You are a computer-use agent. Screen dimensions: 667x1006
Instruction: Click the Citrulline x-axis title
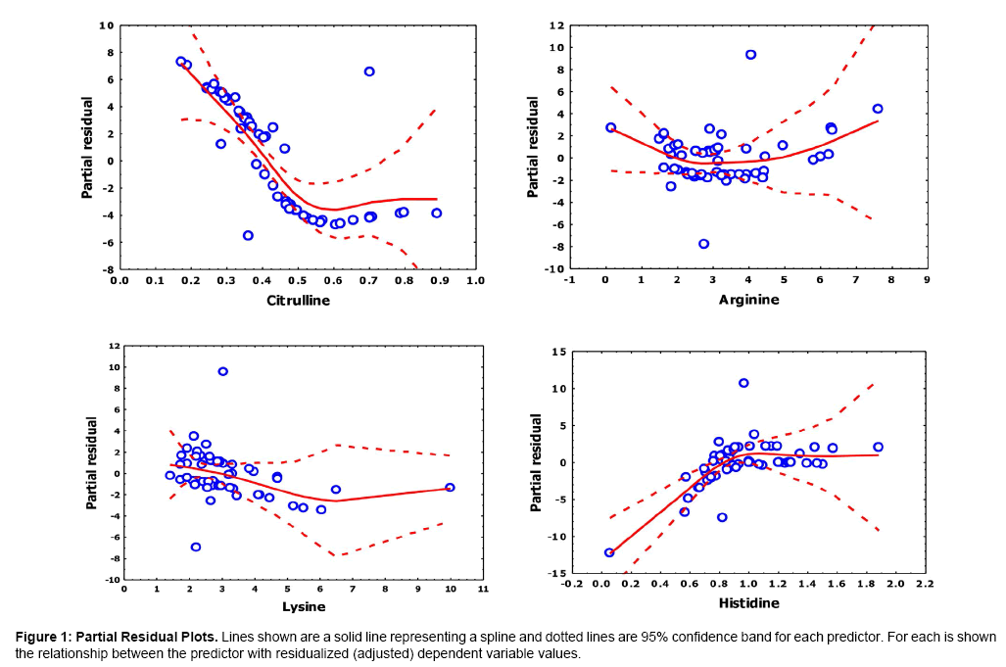tap(298, 300)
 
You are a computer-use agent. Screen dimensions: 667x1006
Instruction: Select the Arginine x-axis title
tap(748, 299)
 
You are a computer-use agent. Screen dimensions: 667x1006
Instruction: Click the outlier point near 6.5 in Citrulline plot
tap(369, 71)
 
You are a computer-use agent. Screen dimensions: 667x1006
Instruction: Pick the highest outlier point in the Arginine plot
tap(750, 55)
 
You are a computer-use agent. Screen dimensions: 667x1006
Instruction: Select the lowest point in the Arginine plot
tap(703, 244)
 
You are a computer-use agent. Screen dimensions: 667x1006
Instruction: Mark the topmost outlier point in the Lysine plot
tap(222, 371)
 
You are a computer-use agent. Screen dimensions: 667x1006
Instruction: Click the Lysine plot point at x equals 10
tap(450, 487)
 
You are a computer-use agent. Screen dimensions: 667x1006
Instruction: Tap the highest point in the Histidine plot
tap(743, 383)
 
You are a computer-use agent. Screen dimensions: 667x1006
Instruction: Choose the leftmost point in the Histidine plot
tap(609, 552)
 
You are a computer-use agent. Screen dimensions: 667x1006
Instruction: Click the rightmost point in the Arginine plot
tap(878, 109)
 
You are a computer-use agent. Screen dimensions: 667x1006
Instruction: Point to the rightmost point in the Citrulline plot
tap(436, 213)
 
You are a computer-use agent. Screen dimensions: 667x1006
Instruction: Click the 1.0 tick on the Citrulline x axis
tap(475, 281)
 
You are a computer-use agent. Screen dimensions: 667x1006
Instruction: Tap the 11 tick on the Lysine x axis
tap(483, 590)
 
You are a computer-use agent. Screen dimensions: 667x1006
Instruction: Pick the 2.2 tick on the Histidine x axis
tap(924, 585)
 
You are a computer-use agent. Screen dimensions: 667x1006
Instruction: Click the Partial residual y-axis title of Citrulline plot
tap(87, 147)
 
